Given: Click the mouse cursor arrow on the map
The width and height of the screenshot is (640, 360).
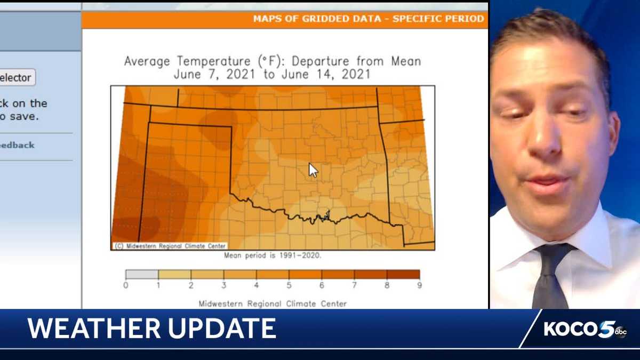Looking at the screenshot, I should point(313,170).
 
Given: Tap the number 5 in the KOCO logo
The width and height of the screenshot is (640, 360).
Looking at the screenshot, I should point(606,329).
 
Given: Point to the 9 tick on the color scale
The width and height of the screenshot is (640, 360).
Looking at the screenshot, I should point(419,285).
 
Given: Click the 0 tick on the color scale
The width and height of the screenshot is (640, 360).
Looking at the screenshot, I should point(126,285).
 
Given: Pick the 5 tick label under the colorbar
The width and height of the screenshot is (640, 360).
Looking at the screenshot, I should point(289,285).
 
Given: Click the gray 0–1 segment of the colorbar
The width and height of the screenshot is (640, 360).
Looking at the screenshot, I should point(142,275).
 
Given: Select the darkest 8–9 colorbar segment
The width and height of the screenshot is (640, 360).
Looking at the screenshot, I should point(403,275).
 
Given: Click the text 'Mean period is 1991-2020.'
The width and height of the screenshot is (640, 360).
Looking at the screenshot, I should point(273,255).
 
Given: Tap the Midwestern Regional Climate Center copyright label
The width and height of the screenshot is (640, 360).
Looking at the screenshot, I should point(170,246).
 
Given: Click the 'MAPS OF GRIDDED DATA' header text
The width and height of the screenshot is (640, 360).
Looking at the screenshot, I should point(317,19).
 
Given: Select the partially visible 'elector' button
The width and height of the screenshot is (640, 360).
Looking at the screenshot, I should point(17,78).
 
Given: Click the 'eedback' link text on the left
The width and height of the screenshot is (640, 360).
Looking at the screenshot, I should point(17,145).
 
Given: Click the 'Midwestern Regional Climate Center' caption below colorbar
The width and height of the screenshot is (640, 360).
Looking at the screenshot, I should point(273,304).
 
